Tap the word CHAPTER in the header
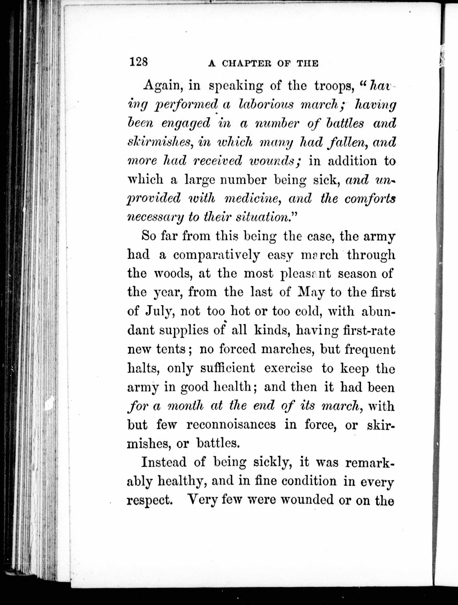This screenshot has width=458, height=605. tap(248, 64)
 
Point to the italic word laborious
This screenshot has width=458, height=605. tap(265, 105)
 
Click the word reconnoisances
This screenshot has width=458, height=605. tap(231, 424)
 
